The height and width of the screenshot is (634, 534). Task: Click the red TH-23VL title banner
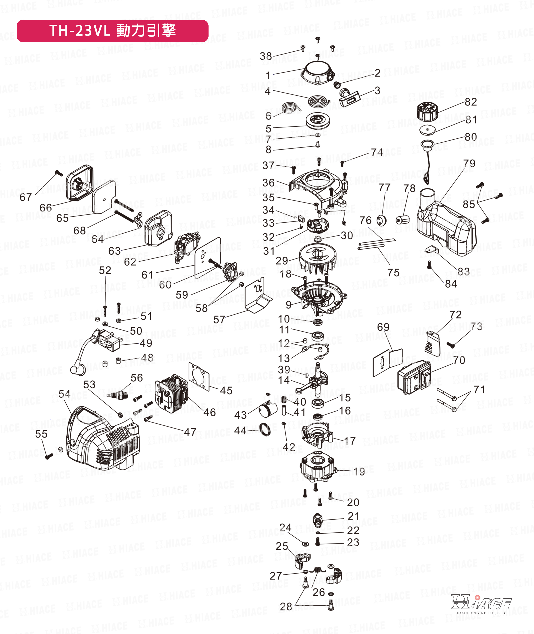coord(112,31)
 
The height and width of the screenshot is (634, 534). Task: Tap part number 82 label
coord(471,102)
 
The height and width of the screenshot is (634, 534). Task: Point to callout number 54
coord(64,394)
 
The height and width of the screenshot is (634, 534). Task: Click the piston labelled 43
coord(268,411)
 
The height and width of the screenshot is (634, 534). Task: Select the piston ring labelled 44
coord(265,430)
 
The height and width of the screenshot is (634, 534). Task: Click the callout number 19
coord(359,471)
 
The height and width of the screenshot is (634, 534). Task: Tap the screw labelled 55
coord(49,456)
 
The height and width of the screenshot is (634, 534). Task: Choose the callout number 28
coord(286,607)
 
